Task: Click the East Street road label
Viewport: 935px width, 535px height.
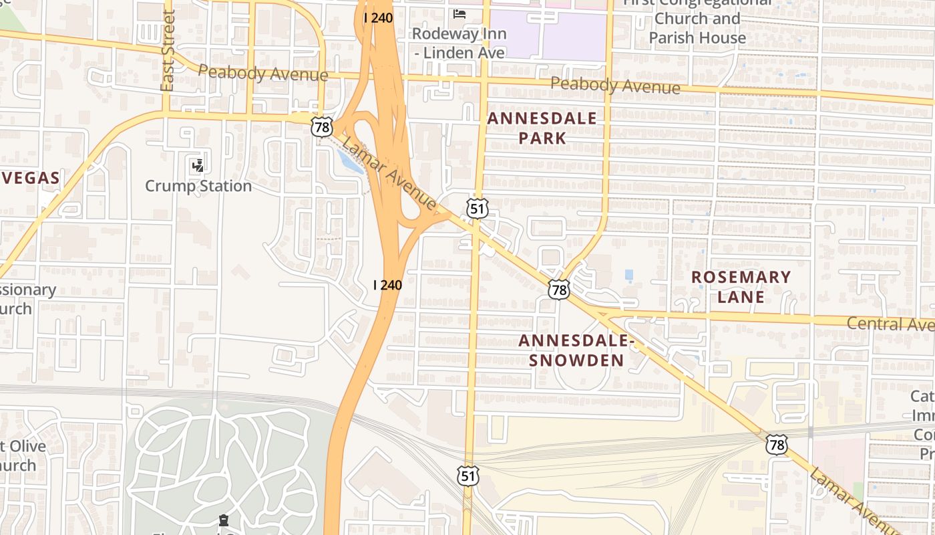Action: (x=168, y=51)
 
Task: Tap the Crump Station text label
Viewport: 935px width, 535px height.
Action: (x=198, y=186)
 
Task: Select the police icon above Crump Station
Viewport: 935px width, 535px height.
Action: (x=197, y=165)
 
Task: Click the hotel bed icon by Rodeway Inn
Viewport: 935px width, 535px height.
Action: (x=459, y=13)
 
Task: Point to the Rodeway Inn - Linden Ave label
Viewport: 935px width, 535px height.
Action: (x=459, y=43)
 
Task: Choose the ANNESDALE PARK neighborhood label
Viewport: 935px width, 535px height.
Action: (x=542, y=128)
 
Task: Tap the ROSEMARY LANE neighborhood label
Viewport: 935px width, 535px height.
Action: (x=741, y=287)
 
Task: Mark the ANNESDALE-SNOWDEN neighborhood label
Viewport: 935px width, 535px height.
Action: (x=576, y=350)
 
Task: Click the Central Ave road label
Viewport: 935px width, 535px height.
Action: (x=890, y=324)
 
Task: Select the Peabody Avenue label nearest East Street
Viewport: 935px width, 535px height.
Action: (x=263, y=74)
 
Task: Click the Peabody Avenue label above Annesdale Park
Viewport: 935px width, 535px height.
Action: (x=616, y=86)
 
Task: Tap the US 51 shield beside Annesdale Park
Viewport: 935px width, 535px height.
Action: (x=477, y=209)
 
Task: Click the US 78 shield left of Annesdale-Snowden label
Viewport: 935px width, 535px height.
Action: (x=559, y=290)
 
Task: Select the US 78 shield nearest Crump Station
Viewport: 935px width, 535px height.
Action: (x=321, y=126)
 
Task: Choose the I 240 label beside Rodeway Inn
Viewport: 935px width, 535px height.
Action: (x=378, y=18)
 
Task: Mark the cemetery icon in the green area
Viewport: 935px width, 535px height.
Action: (x=224, y=520)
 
